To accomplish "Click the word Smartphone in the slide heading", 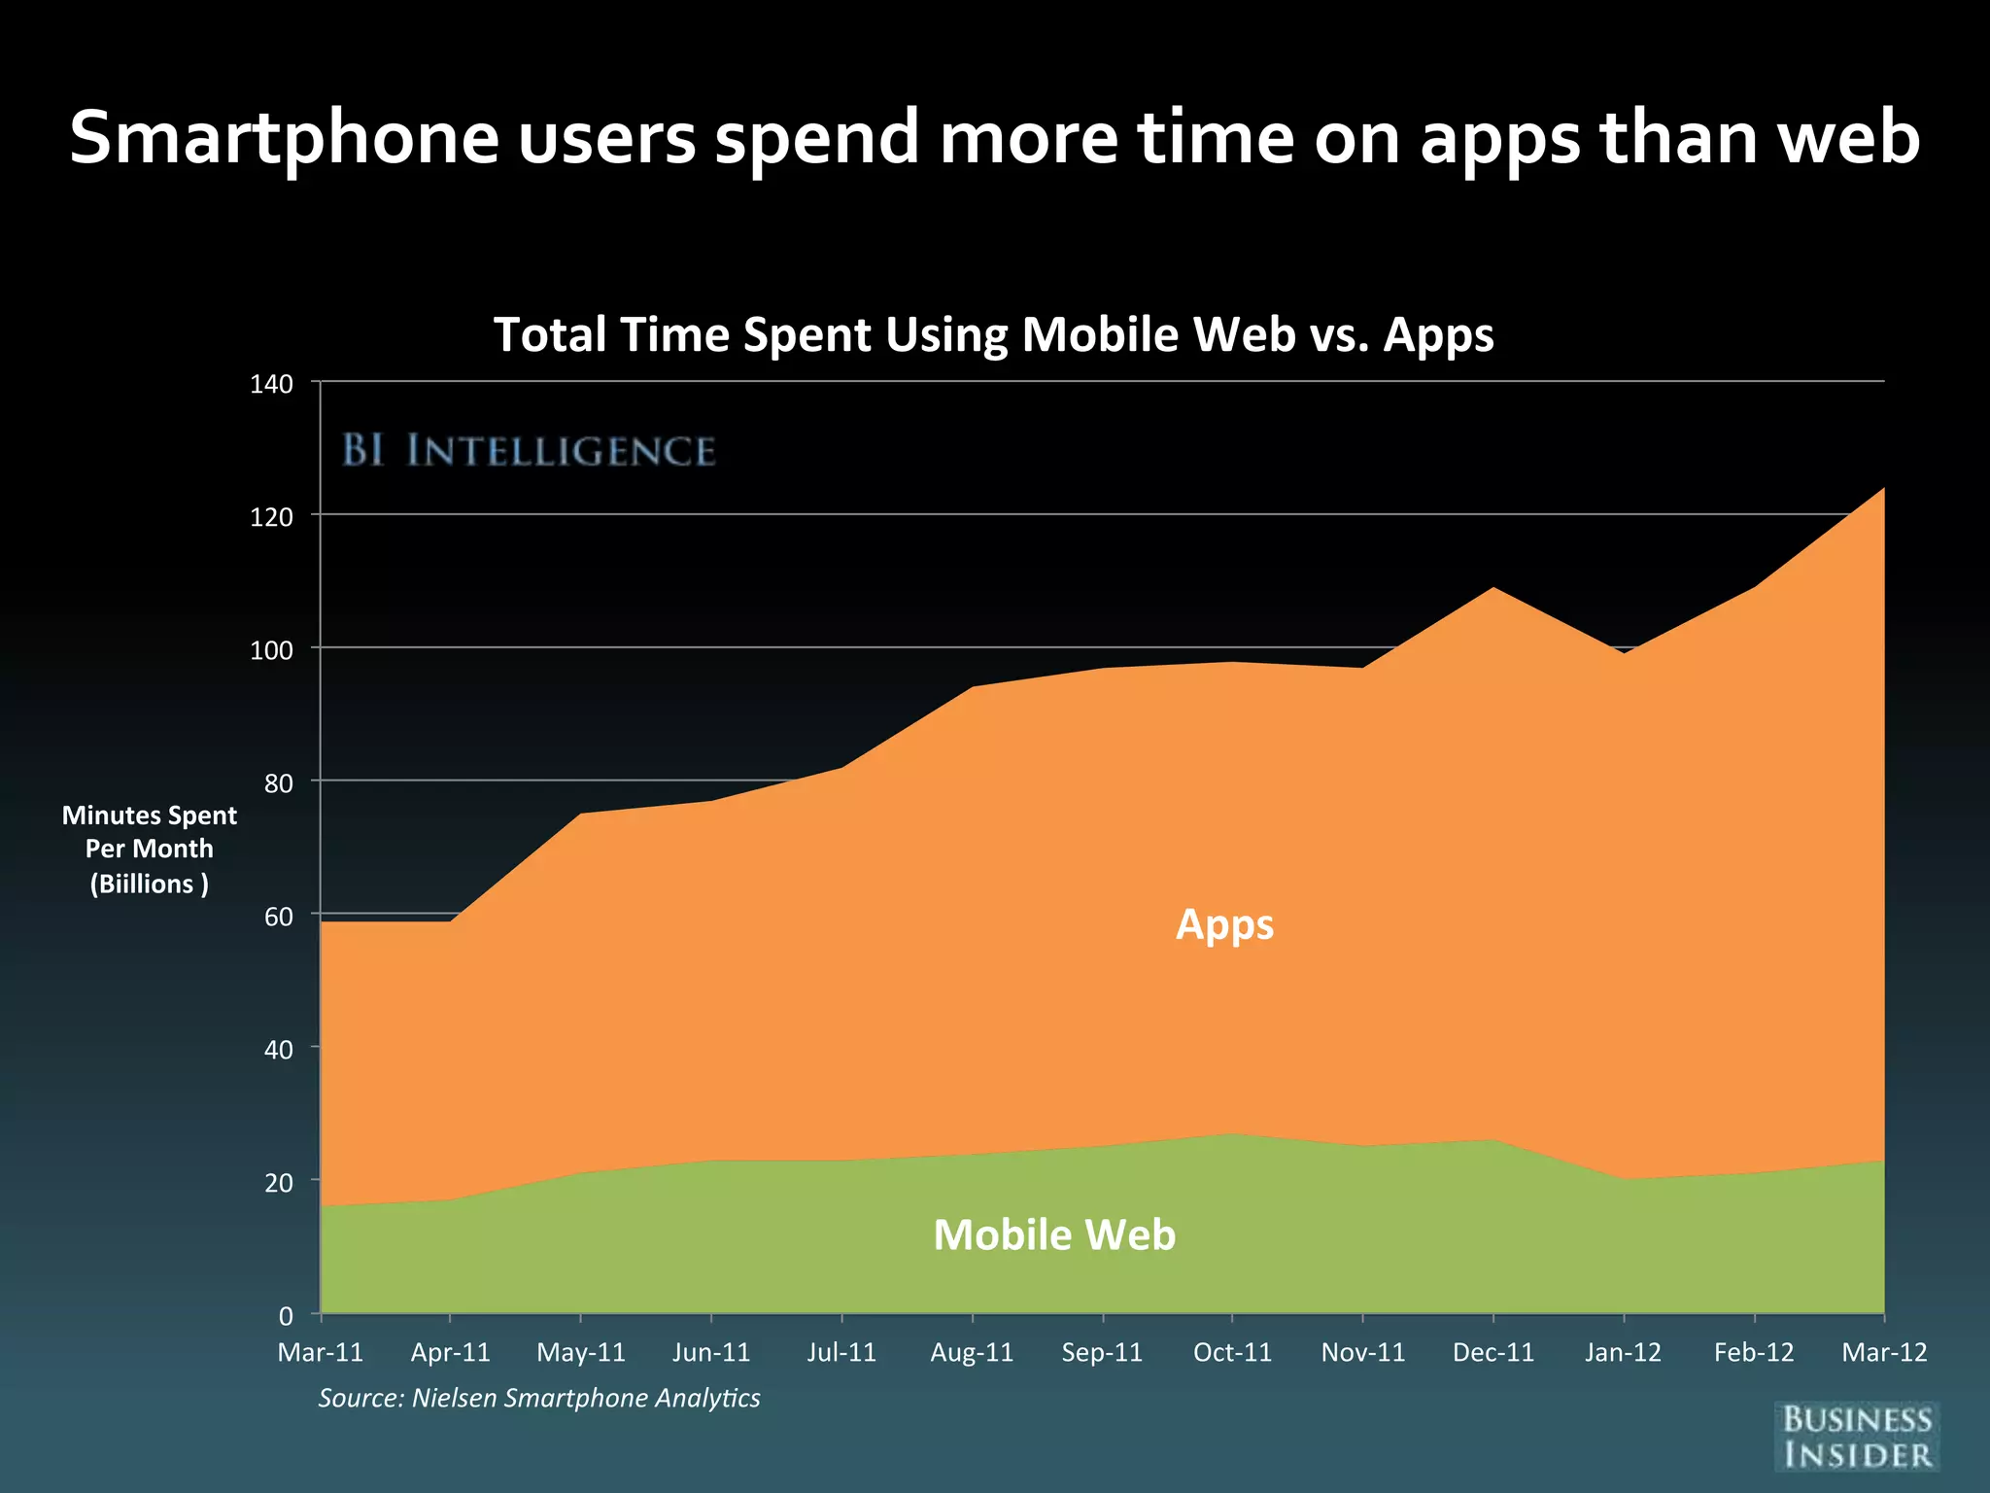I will pos(284,138).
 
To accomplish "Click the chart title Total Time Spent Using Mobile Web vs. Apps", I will pos(993,334).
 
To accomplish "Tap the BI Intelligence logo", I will pos(529,451).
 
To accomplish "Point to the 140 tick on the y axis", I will pos(271,384).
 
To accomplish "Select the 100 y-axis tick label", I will pos(271,650).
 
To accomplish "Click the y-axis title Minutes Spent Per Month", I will pos(150,849).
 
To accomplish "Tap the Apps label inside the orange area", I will pos(1224,924).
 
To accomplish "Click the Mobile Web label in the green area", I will pos(1054,1234).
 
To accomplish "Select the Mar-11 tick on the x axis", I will pos(321,1352).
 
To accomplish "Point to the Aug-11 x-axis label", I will pos(972,1352).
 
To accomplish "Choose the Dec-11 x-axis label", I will pos(1493,1352).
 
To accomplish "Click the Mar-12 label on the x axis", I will pos(1883,1352).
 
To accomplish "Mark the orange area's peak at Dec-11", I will pos(1493,588).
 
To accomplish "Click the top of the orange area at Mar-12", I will pos(1882,489).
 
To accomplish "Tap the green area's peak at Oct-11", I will pos(1232,1134).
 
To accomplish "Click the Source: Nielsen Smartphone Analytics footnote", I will pos(539,1398).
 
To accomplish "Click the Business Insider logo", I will pos(1857,1437).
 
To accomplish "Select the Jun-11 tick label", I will pos(711,1352).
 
